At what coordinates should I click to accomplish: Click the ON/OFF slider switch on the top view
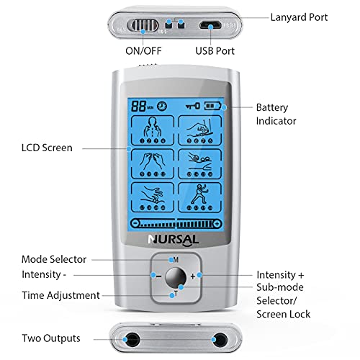click(x=143, y=25)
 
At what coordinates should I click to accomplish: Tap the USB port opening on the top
click(x=210, y=24)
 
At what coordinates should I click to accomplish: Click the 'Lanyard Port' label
click(x=299, y=17)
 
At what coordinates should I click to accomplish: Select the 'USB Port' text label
click(x=215, y=51)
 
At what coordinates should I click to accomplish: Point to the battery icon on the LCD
click(x=212, y=106)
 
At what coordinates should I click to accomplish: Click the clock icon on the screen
click(x=162, y=106)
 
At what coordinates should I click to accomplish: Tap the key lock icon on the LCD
click(x=193, y=106)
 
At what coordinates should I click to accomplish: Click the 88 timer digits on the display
click(x=139, y=106)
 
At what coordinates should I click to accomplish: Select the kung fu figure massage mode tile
click(x=199, y=197)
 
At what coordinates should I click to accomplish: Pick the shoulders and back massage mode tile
click(x=153, y=130)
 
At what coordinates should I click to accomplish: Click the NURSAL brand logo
click(x=174, y=240)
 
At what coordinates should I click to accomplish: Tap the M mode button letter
click(x=176, y=260)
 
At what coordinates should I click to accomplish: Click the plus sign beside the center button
click(x=193, y=276)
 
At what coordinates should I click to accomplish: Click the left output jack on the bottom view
click(x=132, y=340)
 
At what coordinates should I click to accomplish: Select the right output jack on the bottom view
click(x=220, y=340)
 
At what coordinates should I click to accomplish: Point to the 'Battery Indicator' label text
click(x=276, y=114)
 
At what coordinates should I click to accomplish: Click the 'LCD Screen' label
click(x=47, y=148)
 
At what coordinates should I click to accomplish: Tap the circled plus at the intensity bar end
click(x=217, y=224)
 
